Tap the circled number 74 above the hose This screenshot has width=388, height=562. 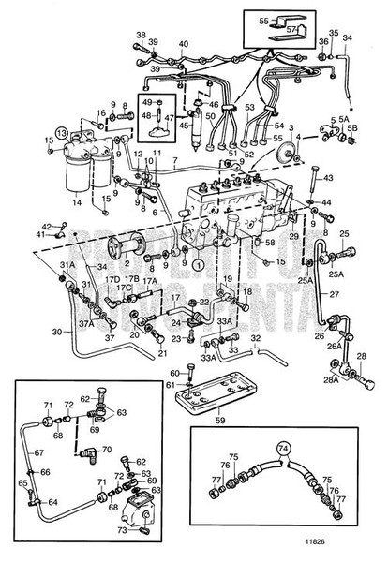pos(284,448)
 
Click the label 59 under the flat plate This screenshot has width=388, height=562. pos(218,420)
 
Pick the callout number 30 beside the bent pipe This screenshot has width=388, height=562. pos(58,331)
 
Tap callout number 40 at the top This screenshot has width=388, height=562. pos(183,44)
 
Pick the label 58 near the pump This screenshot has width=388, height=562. pos(270,244)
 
